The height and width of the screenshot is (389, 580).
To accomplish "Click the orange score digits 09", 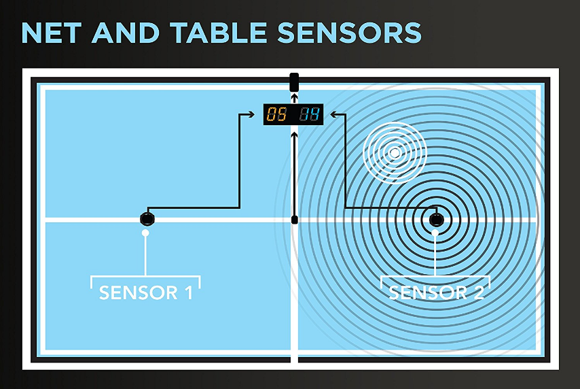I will [276, 114].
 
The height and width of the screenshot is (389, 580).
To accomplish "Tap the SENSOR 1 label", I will [146, 293].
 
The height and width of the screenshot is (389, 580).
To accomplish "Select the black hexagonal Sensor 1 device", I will [147, 219].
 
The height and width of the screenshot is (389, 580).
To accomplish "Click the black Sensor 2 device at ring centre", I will [435, 220].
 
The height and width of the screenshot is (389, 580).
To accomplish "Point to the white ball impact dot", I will [395, 153].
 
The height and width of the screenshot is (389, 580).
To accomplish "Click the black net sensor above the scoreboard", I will [294, 82].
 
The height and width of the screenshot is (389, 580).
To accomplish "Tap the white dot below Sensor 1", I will [145, 233].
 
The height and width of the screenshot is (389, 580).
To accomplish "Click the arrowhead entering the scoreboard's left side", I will [259, 114].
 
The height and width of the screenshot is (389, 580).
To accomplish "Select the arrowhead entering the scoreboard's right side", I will [328, 114].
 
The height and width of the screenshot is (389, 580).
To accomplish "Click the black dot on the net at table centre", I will [294, 220].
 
